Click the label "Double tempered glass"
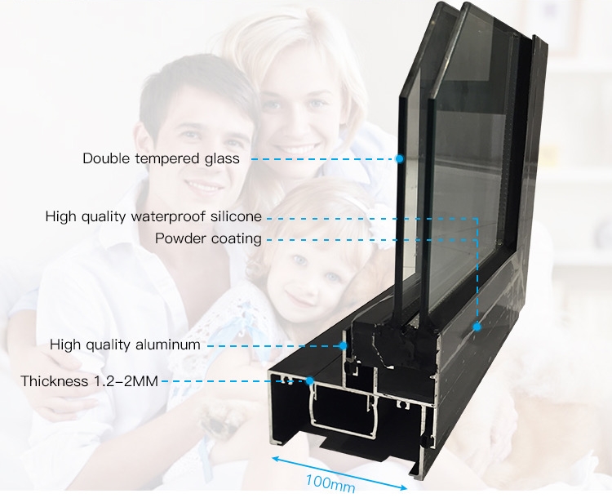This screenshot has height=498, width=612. click(x=161, y=158)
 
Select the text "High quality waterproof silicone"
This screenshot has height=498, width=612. click(x=153, y=217)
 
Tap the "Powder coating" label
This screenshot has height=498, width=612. click(x=208, y=239)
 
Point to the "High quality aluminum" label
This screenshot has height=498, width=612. click(x=125, y=345)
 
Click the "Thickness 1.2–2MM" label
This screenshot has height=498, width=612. click(x=95, y=380)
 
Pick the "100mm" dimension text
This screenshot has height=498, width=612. click(x=330, y=482)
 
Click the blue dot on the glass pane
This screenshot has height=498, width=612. click(x=400, y=158)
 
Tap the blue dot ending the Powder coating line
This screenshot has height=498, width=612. click(x=477, y=327)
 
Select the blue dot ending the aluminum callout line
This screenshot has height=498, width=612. click(x=344, y=345)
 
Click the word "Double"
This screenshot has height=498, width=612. click(x=104, y=158)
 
